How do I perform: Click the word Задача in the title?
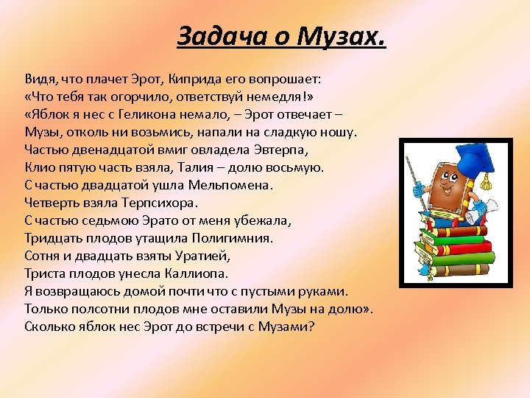[x=213, y=35]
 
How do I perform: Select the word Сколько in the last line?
[x=49, y=327]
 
